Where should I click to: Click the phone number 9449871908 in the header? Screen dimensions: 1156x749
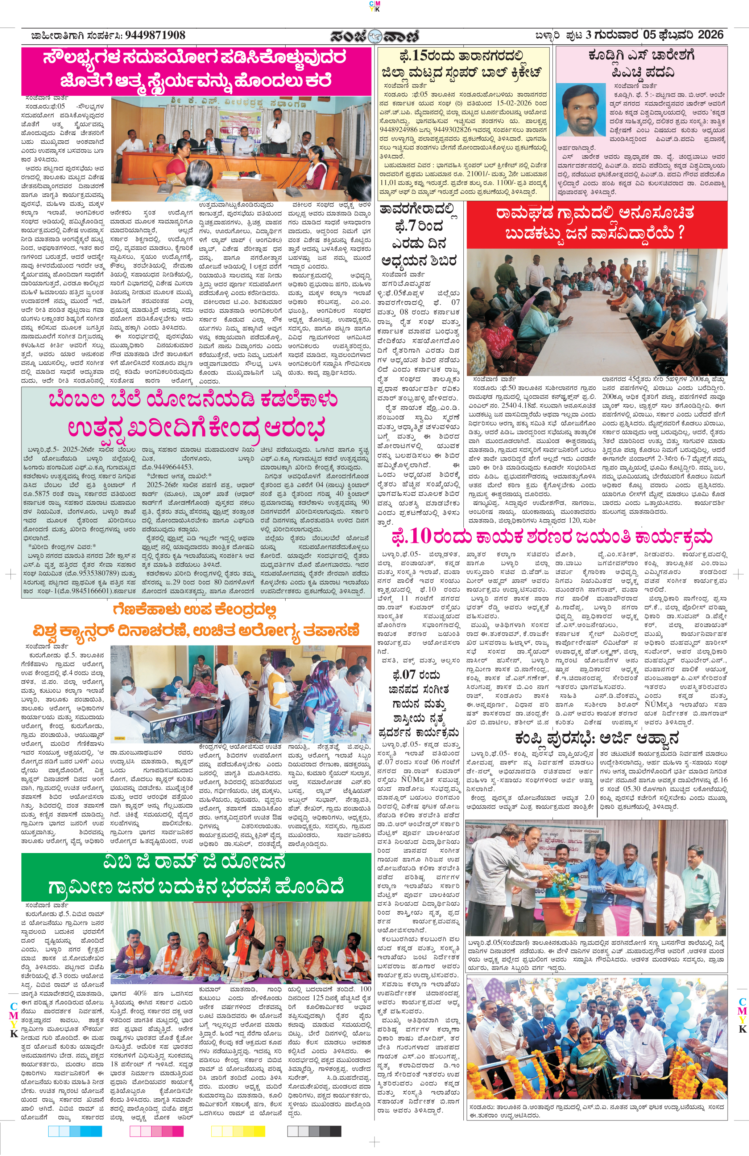tap(155, 35)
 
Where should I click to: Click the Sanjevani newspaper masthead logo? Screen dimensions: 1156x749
tap(374, 36)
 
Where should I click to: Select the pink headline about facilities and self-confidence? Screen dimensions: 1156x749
tap(196, 69)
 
